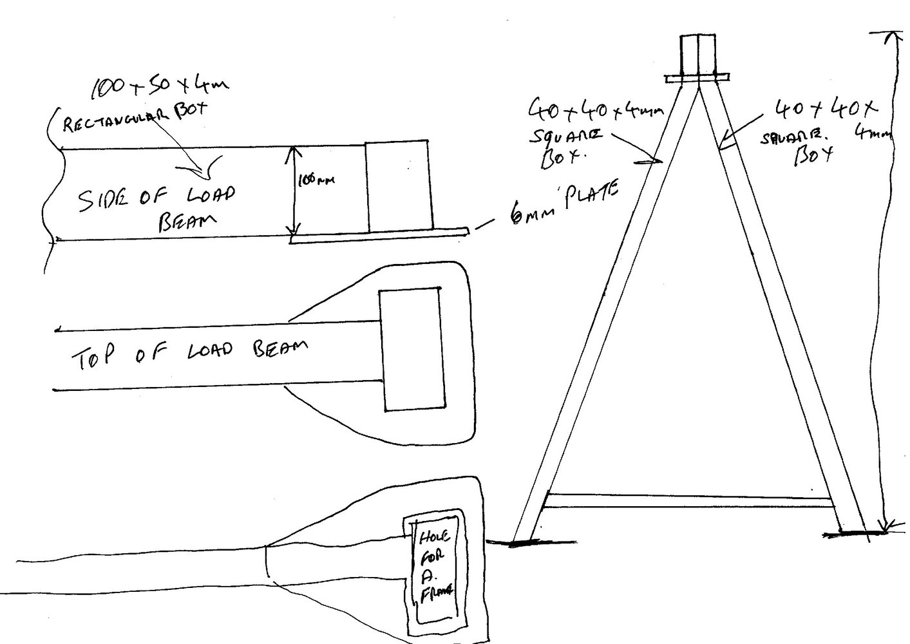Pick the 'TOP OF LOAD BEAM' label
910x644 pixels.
(x=187, y=354)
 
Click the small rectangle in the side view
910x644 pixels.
(x=397, y=186)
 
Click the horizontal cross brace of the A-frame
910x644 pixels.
(x=689, y=498)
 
